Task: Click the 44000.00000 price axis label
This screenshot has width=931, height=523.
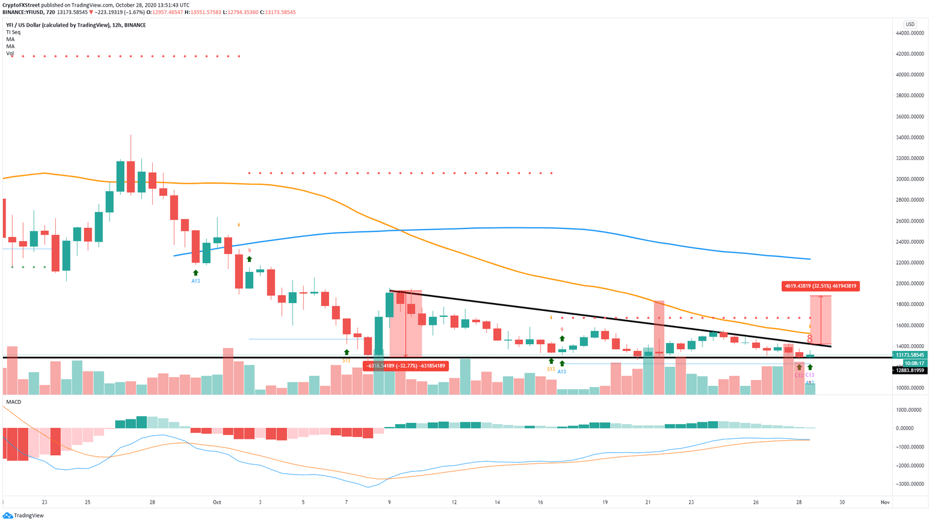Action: (x=910, y=33)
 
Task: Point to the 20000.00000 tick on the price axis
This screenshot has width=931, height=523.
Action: (x=910, y=284)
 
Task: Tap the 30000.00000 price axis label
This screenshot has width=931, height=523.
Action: (x=910, y=179)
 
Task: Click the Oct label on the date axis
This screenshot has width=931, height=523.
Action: (x=216, y=502)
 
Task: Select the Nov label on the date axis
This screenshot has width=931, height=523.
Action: (x=884, y=502)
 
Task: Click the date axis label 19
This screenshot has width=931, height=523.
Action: (x=605, y=502)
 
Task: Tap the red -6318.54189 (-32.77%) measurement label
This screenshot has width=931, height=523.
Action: (x=405, y=366)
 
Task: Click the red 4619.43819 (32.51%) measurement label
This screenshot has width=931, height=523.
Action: (x=820, y=286)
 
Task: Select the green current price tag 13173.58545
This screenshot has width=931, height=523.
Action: (x=909, y=355)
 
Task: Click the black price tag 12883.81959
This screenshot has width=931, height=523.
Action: (x=909, y=370)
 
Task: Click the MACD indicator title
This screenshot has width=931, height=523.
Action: (x=13, y=402)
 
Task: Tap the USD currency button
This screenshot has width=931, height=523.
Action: (x=910, y=24)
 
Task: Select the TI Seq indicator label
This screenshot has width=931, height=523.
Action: (x=13, y=32)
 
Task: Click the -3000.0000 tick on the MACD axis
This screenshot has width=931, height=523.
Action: (x=909, y=484)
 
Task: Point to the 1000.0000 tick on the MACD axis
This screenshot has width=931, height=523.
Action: (x=909, y=410)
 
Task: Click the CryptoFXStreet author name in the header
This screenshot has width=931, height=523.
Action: (x=21, y=5)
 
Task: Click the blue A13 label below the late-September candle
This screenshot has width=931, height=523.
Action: (x=196, y=281)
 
